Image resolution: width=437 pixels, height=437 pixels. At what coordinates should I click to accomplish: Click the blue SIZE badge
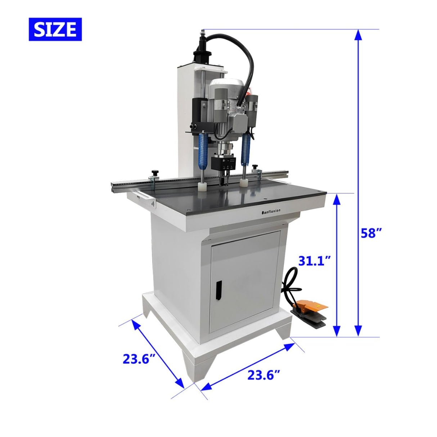point(55,29)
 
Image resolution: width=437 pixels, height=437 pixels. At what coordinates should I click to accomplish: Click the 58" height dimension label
point(371,233)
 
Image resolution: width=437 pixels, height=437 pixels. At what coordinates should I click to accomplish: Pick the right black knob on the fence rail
point(256,167)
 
